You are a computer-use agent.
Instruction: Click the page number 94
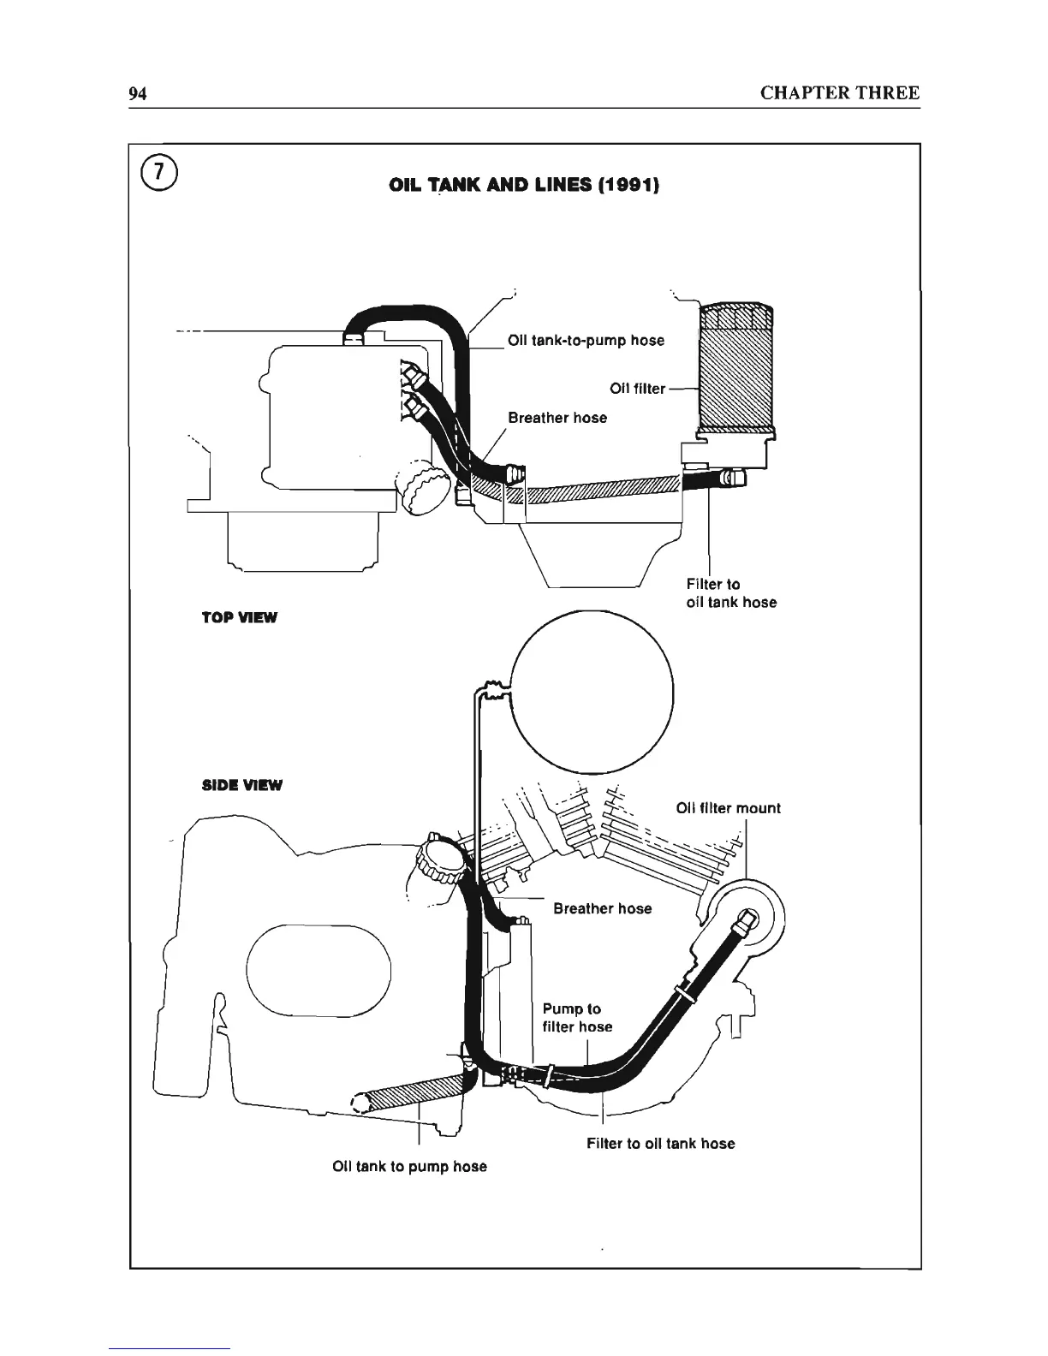coord(138,93)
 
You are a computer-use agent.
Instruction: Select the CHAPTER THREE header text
coord(839,93)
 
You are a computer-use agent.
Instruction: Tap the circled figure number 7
coord(159,175)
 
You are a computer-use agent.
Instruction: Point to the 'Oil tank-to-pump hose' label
coord(586,341)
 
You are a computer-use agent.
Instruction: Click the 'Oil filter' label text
coord(637,389)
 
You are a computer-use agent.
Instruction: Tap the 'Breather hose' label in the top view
coord(557,418)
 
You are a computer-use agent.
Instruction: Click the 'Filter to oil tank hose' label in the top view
coord(731,593)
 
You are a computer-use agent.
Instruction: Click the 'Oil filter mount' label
coord(728,808)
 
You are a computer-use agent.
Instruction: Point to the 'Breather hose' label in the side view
coord(602,908)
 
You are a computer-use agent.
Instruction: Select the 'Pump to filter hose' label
coord(577,1018)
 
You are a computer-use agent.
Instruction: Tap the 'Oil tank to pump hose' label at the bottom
coord(409,1166)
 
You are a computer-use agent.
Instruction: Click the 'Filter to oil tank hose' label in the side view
coord(660,1143)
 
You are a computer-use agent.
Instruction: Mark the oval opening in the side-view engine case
coord(319,972)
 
